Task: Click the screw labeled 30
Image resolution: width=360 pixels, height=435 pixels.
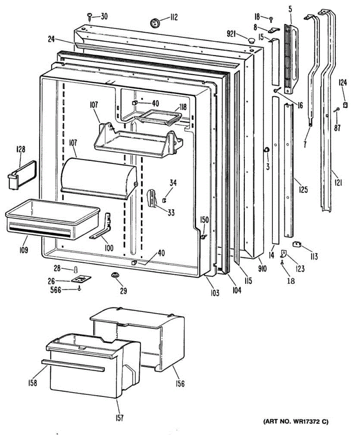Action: point(89,16)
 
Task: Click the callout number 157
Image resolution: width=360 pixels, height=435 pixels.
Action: point(119,418)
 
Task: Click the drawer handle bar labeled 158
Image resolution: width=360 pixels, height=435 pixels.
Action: point(72,365)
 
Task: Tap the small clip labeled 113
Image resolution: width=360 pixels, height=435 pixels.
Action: point(297,245)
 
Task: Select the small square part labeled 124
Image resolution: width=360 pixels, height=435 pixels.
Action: point(345,105)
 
